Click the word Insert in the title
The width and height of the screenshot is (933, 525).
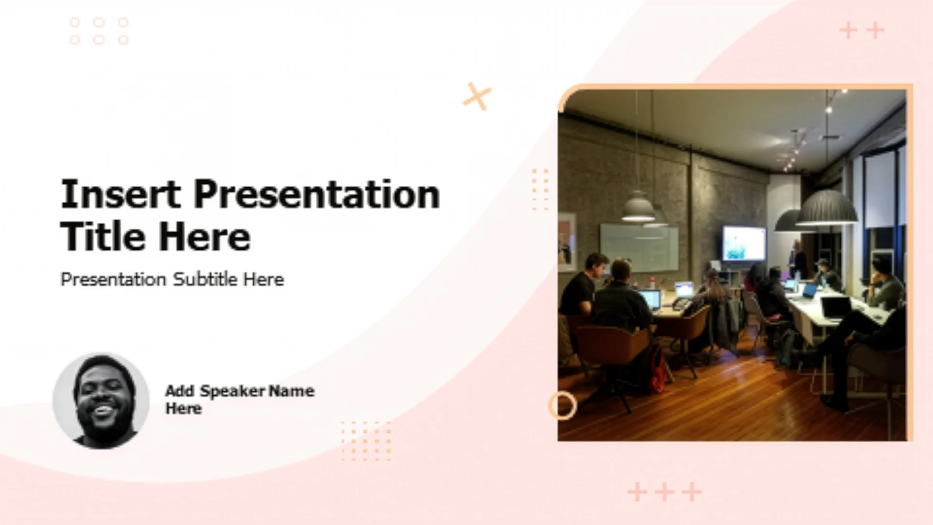pyautogui.click(x=121, y=194)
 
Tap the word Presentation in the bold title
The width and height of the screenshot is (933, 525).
pyautogui.click(x=317, y=194)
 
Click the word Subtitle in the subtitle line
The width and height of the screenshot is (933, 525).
pyautogui.click(x=205, y=279)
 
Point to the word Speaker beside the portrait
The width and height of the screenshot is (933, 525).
pyautogui.click(x=233, y=391)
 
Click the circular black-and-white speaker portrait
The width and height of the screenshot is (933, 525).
pyautogui.click(x=101, y=401)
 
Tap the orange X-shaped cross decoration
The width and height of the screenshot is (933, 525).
pyautogui.click(x=477, y=96)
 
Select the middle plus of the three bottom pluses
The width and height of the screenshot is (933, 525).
pyautogui.click(x=665, y=492)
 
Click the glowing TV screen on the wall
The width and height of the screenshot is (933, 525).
pyautogui.click(x=743, y=243)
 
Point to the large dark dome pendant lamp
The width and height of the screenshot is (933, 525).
pyautogui.click(x=826, y=208)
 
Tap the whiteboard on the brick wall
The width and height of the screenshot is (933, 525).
pyautogui.click(x=639, y=247)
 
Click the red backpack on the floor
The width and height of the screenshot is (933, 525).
pyautogui.click(x=657, y=369)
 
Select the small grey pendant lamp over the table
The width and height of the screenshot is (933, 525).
pyautogui.click(x=638, y=207)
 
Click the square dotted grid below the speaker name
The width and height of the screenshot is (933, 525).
pyautogui.click(x=366, y=441)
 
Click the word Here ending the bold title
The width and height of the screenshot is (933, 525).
pyautogui.click(x=205, y=237)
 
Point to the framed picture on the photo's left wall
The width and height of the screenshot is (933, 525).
pyautogui.click(x=567, y=242)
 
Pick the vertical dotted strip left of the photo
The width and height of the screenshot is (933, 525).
pyautogui.click(x=540, y=190)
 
